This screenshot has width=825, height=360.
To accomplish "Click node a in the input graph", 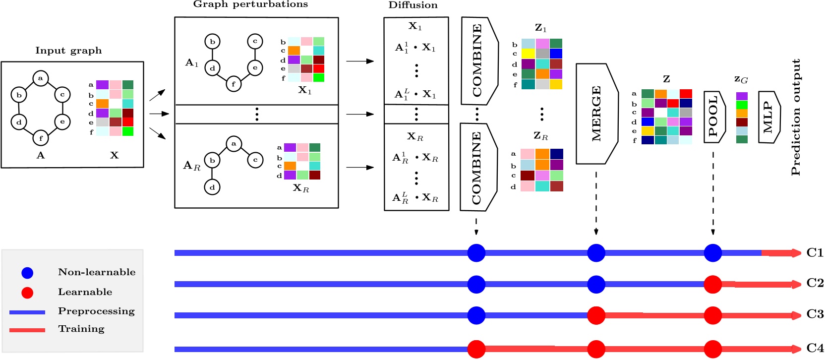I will click(x=41, y=78).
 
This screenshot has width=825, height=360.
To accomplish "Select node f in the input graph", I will click(x=41, y=138).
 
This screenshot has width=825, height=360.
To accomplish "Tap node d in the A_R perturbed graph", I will click(x=212, y=187).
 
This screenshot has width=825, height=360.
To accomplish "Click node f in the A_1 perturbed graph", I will click(x=234, y=84).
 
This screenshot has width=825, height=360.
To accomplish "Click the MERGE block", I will click(x=596, y=114).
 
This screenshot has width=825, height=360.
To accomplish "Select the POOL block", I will click(x=713, y=117).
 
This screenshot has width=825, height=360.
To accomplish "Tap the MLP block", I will click(x=768, y=117).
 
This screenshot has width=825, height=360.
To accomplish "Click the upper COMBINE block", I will click(x=478, y=60).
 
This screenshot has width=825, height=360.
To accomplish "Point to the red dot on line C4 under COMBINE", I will click(x=476, y=349).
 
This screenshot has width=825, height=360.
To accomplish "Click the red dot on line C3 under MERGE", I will click(x=596, y=315).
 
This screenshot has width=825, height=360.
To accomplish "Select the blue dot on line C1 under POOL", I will click(x=713, y=253).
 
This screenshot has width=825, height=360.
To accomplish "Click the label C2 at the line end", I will click(x=815, y=283).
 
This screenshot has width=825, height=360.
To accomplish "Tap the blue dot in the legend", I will click(x=27, y=273).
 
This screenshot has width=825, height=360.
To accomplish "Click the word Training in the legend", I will click(x=81, y=329).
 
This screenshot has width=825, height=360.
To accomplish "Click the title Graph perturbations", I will click(x=250, y=4).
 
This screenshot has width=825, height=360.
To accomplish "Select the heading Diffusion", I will click(x=413, y=5).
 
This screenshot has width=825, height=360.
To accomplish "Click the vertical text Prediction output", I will click(x=796, y=117).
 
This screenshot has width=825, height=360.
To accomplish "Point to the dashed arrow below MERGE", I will click(x=596, y=203).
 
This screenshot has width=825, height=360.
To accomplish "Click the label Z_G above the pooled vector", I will click(x=741, y=79).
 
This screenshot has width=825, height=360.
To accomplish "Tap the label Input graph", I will click(x=68, y=51).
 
